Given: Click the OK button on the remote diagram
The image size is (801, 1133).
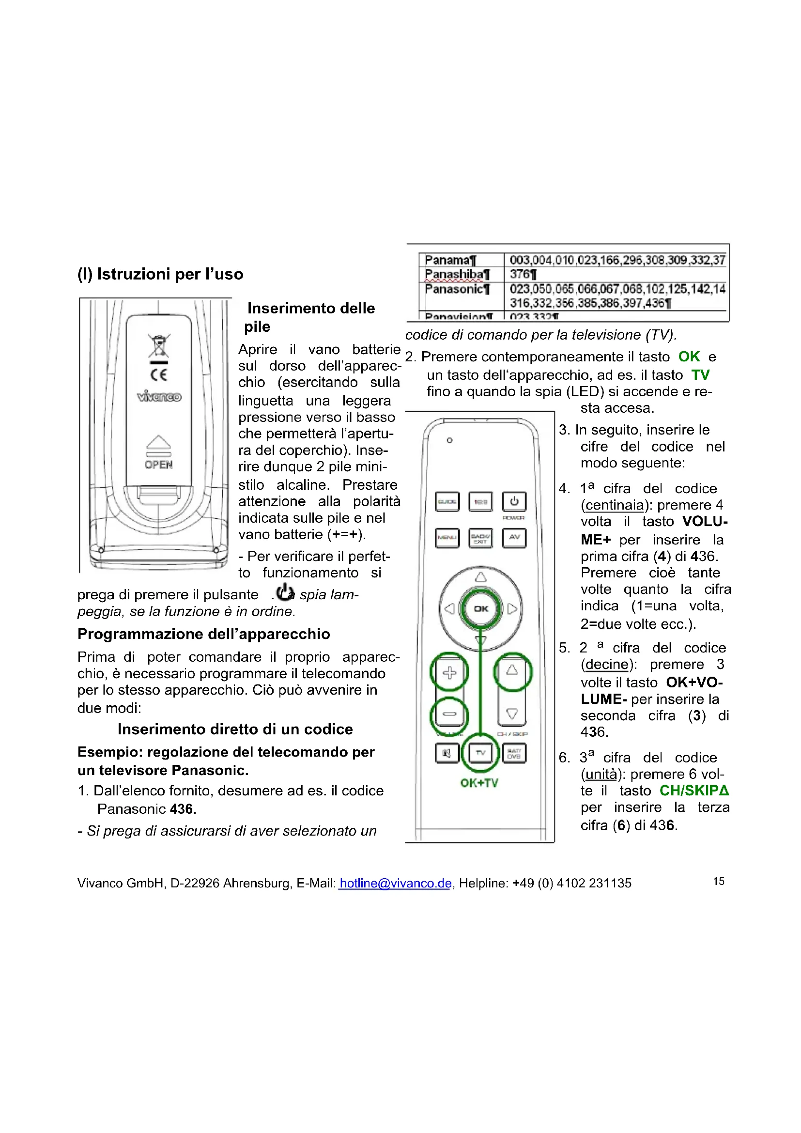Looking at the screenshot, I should [480, 608].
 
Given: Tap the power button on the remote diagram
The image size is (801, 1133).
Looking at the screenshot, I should [514, 501].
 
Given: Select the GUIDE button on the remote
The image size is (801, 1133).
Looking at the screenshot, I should [447, 501].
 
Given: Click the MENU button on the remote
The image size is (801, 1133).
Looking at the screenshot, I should [447, 537].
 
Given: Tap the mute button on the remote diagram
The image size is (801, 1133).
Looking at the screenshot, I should [447, 753].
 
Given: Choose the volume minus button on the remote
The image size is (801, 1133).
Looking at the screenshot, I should [449, 714].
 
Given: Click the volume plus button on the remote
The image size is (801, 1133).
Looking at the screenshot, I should [449, 673].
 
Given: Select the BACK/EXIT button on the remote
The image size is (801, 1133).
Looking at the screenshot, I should [480, 537].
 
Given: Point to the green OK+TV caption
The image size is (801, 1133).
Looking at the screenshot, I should [479, 783].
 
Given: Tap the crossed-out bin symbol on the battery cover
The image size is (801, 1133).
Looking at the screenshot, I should [159, 345].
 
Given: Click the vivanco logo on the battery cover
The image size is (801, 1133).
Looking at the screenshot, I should [159, 396].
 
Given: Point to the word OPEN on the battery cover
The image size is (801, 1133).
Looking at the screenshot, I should [159, 465].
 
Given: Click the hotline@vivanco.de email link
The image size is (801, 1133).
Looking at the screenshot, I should [396, 884].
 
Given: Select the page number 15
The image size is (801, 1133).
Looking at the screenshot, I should [719, 881].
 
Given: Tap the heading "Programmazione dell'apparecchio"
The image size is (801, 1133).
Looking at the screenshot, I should [204, 634].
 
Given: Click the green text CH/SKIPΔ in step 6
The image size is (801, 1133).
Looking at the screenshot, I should [694, 791].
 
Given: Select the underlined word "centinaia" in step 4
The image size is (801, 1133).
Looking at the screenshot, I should [615, 505].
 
